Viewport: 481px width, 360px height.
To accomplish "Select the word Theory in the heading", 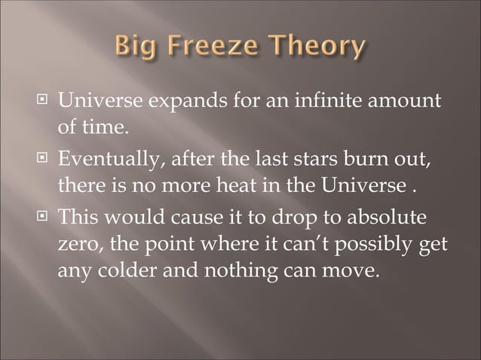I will pyautogui.click(x=316, y=47).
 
